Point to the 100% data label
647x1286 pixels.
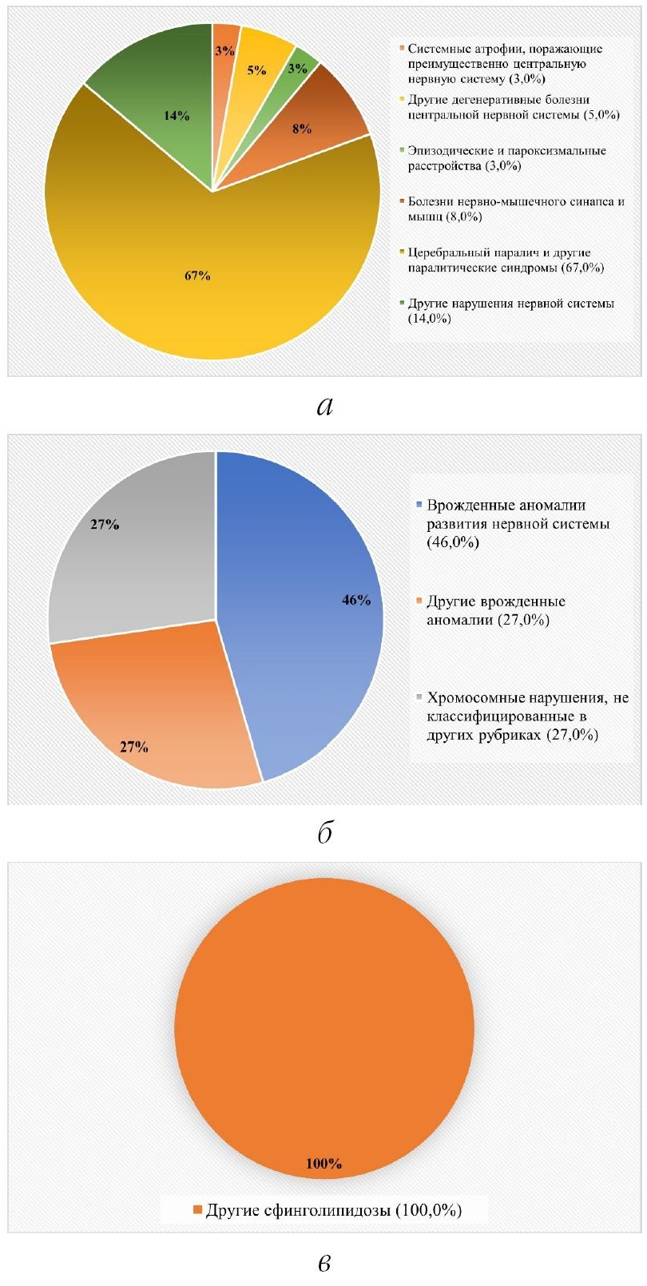click(323, 1163)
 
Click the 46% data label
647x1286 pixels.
click(356, 600)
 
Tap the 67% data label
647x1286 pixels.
click(197, 276)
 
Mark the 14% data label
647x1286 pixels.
click(177, 116)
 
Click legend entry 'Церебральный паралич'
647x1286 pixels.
click(506, 260)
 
